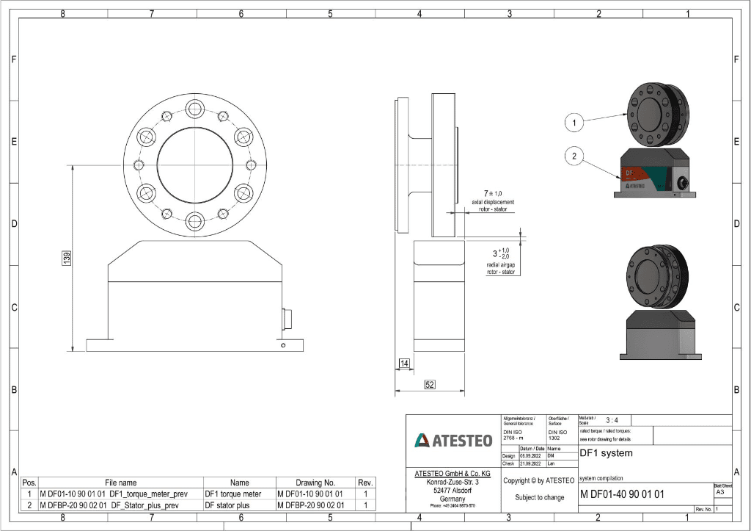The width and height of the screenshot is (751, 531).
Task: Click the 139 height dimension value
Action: [x=67, y=259]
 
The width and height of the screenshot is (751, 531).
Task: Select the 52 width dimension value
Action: [x=429, y=384]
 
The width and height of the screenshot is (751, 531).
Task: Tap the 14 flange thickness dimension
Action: [x=404, y=364]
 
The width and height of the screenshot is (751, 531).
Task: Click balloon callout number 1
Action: [x=575, y=123]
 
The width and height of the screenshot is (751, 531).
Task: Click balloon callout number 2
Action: [x=575, y=155]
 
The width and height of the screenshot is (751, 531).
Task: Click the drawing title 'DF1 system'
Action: [x=606, y=453]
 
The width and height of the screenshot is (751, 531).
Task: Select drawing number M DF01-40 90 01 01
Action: [x=622, y=494]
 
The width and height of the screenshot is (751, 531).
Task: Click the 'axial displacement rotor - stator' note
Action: [x=492, y=205]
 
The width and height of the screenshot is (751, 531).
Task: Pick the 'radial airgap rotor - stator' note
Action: [x=501, y=267]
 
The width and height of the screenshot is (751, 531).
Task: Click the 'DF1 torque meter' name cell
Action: [x=232, y=494]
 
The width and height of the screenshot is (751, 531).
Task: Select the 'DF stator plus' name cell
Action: [x=227, y=505]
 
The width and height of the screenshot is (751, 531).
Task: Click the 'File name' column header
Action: [x=120, y=483]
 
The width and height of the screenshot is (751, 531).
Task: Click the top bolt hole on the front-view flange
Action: [x=195, y=109]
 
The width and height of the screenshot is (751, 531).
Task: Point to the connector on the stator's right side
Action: [x=286, y=318]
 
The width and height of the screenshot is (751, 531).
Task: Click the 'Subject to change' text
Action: [x=539, y=497]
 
